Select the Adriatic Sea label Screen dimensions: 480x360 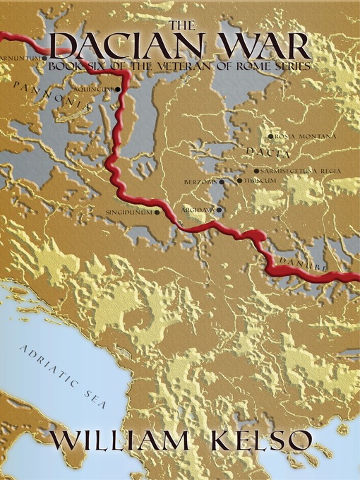coord(62,378)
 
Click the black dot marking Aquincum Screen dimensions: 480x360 coord(117,90)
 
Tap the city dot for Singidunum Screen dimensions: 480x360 coord(157,211)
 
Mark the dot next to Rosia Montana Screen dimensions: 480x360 coord(270,136)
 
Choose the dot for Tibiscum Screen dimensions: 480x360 coord(240,181)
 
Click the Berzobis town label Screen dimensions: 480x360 coord(200,181)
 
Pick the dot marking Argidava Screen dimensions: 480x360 coord(220,210)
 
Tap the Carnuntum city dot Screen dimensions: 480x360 coord(46,58)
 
